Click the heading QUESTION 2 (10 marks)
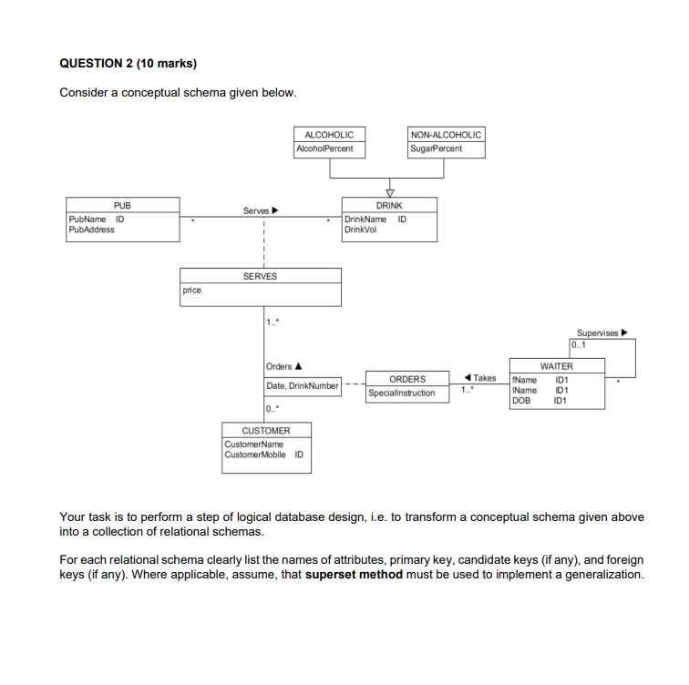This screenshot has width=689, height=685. coord(128,63)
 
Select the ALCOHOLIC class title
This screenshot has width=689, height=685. coord(329,134)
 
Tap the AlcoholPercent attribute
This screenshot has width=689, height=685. coord(325,148)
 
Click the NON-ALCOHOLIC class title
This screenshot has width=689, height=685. coord(446,134)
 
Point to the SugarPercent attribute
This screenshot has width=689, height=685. coord(437,148)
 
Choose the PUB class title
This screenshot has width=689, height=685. coord(122,206)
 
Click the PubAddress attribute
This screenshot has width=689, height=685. coord(92,230)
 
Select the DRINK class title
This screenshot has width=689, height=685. coord(389,206)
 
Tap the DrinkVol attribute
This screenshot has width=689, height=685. coord(358,230)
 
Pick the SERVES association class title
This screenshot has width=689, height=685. coord(260,276)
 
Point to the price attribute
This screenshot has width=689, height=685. coord(191,291)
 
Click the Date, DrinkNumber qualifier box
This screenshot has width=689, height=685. coord(303,386)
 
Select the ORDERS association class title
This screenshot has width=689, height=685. coord(406,379)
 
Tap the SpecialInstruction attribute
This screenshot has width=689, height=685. coord(402,394)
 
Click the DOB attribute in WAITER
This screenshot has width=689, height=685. coord(520,400)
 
